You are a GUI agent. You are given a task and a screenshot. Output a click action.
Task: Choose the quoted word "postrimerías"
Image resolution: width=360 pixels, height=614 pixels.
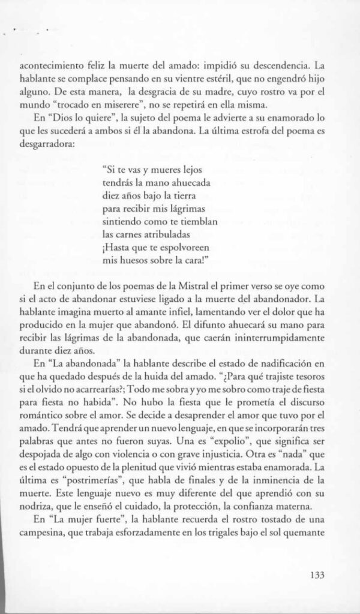[87, 460]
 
